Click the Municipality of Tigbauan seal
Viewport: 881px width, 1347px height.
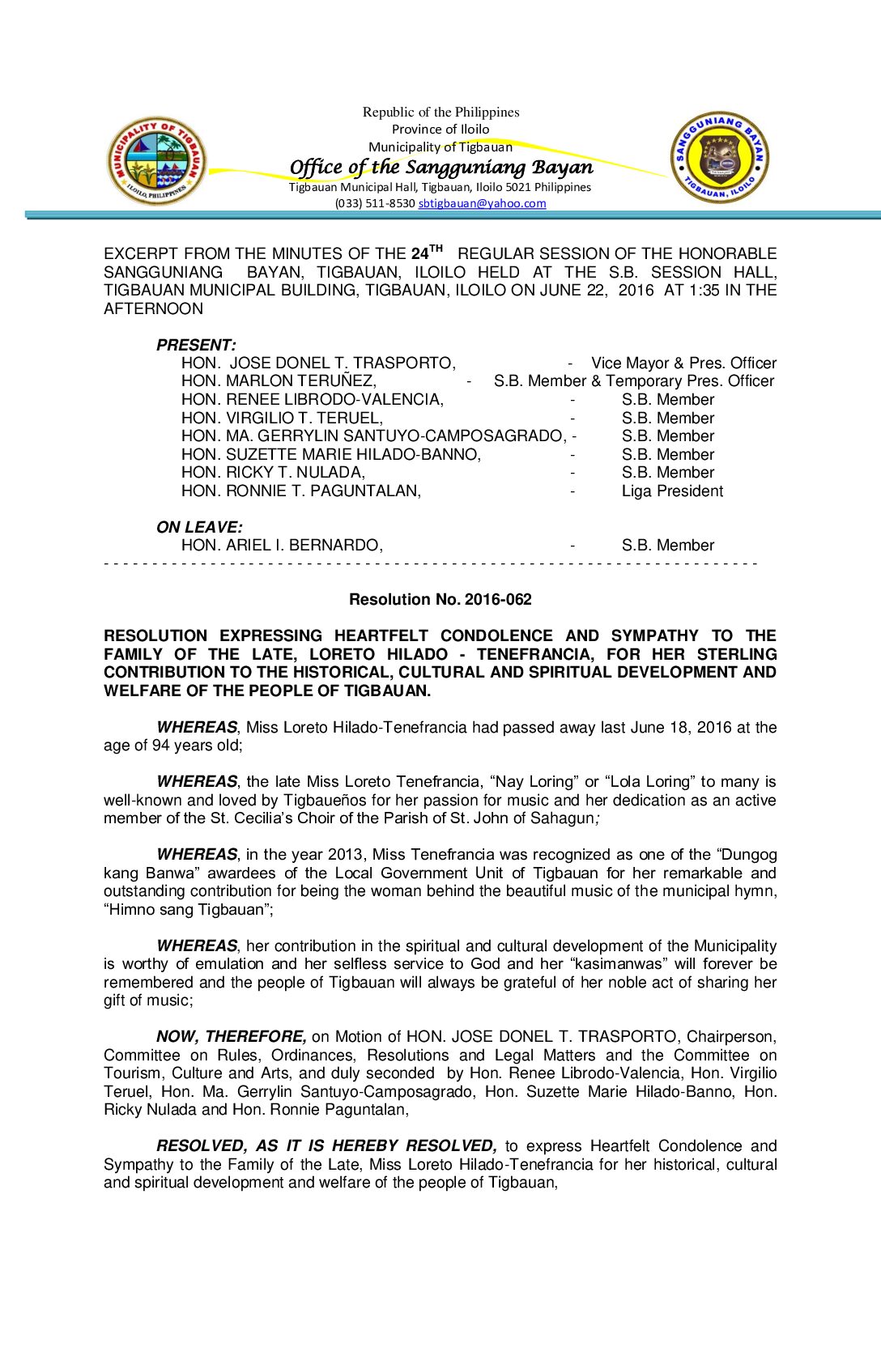[157, 160]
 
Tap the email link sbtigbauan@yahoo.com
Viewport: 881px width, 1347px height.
[482, 204]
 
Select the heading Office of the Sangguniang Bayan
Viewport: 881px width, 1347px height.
[441, 168]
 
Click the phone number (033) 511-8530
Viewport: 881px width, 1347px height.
[375, 204]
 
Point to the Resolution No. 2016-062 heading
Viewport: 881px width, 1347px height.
[440, 600]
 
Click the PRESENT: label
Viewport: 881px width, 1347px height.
[196, 346]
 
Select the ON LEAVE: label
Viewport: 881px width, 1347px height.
[199, 528]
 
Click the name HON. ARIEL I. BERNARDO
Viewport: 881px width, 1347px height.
[282, 546]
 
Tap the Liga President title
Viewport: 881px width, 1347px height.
[672, 491]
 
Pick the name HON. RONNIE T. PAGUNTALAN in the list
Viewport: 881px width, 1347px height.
[301, 491]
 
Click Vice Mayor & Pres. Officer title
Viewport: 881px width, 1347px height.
[683, 363]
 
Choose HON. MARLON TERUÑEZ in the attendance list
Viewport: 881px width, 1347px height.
[279, 381]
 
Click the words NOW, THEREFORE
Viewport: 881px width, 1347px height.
[231, 1037]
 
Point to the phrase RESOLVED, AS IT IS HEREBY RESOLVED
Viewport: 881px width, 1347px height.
[326, 1146]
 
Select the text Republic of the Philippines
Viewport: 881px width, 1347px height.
[440, 113]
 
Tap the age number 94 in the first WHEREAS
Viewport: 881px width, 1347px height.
[160, 746]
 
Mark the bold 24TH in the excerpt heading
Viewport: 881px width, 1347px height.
[427, 253]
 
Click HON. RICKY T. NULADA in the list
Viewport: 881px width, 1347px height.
[273, 473]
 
